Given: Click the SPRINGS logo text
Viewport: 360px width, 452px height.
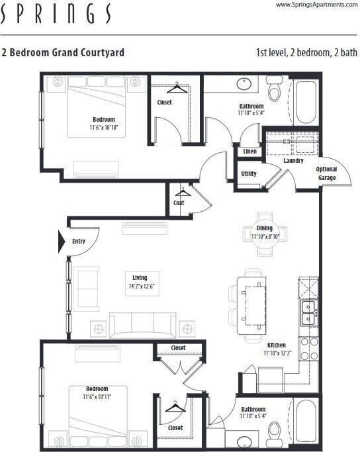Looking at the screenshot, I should [56, 13].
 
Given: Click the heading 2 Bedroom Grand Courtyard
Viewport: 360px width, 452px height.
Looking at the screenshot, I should [63, 52].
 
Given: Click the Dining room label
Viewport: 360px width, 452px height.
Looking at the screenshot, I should [264, 228].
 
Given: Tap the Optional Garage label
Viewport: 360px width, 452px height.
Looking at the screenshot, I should [327, 173].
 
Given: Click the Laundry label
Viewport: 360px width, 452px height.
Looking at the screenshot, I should [292, 161].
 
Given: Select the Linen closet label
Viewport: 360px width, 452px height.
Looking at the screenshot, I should [249, 152].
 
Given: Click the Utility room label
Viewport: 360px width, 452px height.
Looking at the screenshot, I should [249, 173].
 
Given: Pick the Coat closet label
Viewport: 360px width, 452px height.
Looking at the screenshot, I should [179, 203].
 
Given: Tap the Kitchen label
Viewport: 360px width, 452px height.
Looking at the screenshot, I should [276, 345].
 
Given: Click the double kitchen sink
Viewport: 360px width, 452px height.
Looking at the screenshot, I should [308, 313].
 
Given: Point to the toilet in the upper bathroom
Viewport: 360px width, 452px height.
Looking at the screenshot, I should [275, 89].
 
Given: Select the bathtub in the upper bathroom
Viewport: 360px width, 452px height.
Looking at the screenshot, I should [305, 102].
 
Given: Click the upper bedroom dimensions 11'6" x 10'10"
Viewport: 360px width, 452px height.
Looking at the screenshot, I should [104, 127].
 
